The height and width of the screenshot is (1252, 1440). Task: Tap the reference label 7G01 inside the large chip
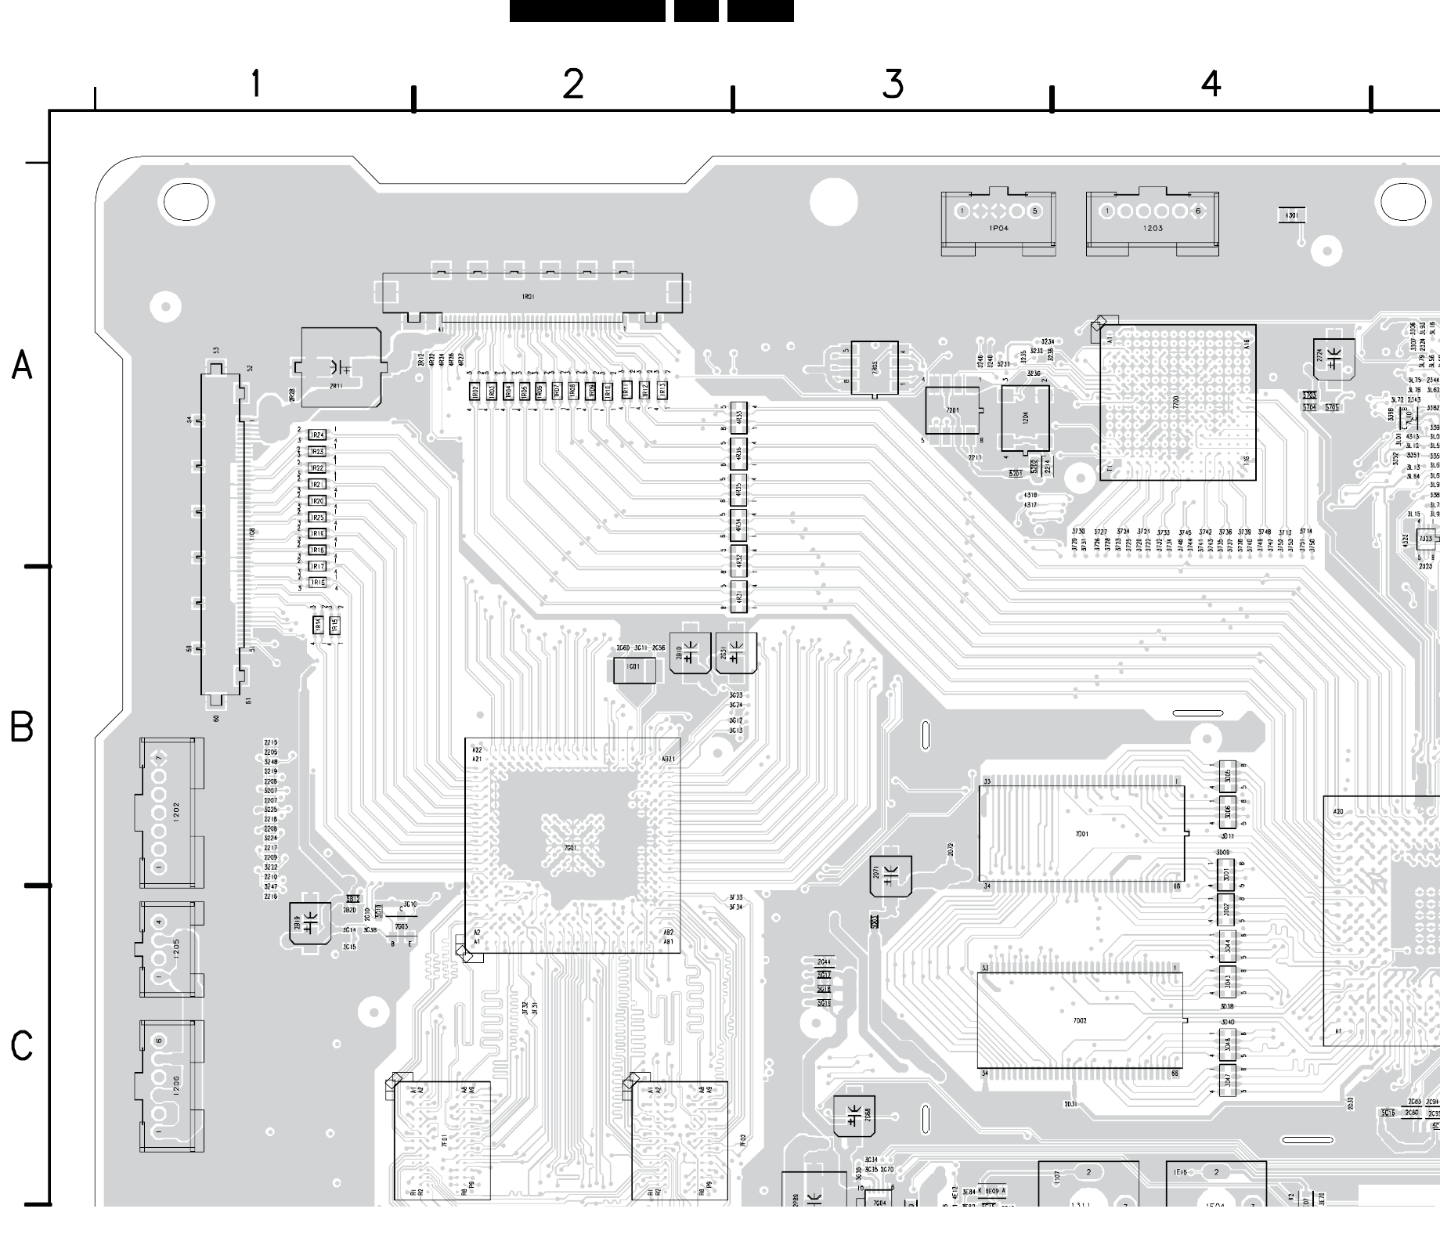pos(569,848)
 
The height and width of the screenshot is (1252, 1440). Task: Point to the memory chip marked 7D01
pos(1081,834)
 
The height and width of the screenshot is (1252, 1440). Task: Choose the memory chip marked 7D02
pos(1079,1021)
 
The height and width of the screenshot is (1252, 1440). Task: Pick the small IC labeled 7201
pos(952,410)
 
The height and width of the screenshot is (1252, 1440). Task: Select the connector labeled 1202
pos(171,812)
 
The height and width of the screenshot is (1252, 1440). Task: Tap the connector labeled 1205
pos(171,948)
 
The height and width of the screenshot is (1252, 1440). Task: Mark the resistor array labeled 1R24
pos(317,435)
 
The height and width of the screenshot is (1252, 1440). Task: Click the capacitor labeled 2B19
pos(309,923)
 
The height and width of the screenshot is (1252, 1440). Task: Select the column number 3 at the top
pos(893,84)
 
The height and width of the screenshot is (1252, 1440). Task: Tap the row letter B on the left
pos(22,727)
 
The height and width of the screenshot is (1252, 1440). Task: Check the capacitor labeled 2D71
pos(891,875)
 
